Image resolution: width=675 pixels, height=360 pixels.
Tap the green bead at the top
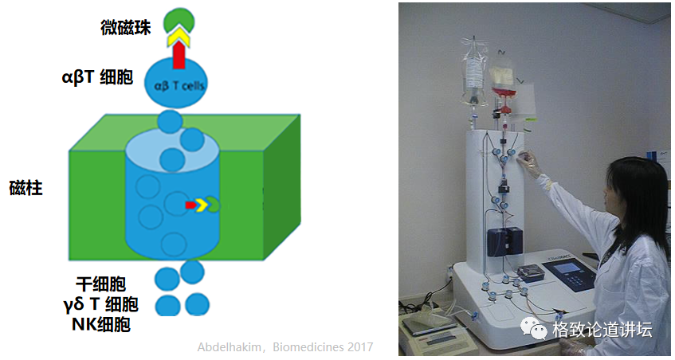[179, 19]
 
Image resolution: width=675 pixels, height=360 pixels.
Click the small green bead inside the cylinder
[214, 205]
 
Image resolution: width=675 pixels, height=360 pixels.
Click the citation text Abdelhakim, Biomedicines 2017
[285, 347]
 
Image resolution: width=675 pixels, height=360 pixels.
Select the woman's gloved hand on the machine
[528, 162]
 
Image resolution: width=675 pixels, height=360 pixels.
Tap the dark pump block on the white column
[504, 241]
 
